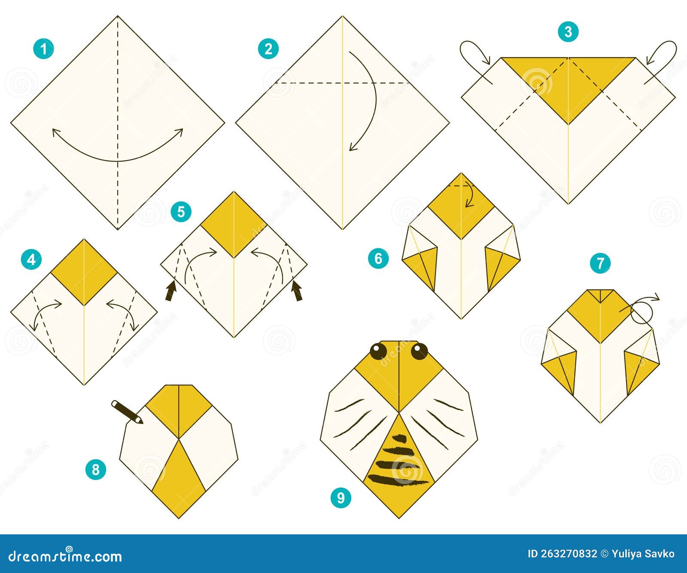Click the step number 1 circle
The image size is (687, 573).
[43, 49]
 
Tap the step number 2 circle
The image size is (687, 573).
[268, 49]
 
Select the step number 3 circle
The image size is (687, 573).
[568, 32]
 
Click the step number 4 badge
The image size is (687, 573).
[31, 259]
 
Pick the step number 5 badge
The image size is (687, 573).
[181, 212]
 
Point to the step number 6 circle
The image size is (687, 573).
[378, 258]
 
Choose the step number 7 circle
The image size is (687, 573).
[600, 263]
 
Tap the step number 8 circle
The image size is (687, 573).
[95, 469]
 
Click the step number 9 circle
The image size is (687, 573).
[340, 498]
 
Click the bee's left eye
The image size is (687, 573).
[378, 351]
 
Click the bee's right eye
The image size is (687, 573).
[419, 351]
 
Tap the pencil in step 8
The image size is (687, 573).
[127, 412]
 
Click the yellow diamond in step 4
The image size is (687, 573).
[84, 271]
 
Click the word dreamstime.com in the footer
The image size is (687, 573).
[65, 557]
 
